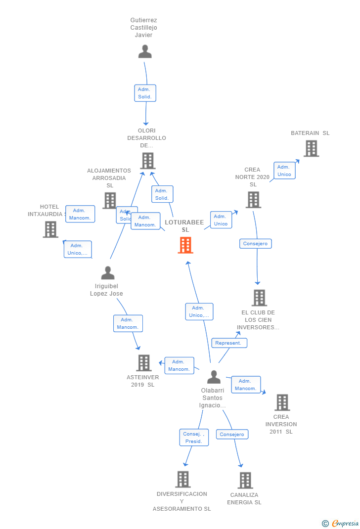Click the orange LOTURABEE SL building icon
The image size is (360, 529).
(185, 245)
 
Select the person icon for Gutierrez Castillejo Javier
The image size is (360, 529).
(145, 51)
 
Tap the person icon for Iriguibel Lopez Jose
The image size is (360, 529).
(108, 273)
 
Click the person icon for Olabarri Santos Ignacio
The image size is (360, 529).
(214, 377)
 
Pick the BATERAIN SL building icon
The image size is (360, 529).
(311, 148)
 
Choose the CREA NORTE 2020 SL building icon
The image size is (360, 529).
(253, 200)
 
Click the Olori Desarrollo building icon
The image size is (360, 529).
(147, 161)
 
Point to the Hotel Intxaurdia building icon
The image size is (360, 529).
(50, 229)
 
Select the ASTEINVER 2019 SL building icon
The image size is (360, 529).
(143, 363)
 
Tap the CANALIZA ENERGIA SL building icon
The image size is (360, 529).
(245, 480)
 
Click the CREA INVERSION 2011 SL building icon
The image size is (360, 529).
(282, 402)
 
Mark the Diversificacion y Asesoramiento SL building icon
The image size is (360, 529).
(183, 479)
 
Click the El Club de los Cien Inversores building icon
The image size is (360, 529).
(259, 298)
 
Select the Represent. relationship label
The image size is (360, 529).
(229, 343)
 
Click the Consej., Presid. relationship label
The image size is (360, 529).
(194, 438)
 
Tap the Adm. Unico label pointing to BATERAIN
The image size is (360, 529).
(284, 171)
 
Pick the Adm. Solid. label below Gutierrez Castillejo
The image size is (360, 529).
(145, 93)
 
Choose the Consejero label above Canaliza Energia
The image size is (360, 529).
(232, 435)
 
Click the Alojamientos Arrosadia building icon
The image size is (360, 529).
(109, 200)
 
